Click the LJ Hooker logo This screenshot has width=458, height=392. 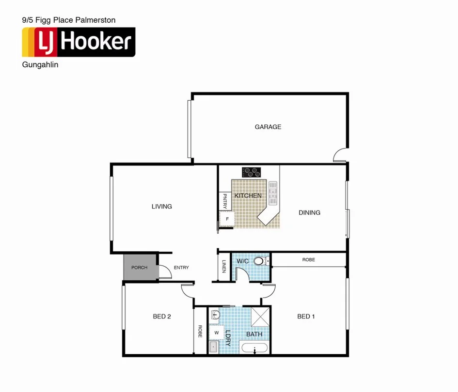pyautogui.click(x=79, y=42)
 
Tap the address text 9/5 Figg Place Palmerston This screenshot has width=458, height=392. pyautogui.click(x=69, y=20)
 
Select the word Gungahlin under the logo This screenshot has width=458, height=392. pyautogui.click(x=40, y=64)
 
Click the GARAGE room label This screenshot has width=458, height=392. pyautogui.click(x=268, y=127)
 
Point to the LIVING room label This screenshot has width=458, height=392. pyautogui.click(x=161, y=207)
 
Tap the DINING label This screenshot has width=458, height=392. pyautogui.click(x=309, y=212)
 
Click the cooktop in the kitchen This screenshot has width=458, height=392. pyautogui.click(x=252, y=172)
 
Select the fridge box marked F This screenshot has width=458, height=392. pyautogui.click(x=226, y=219)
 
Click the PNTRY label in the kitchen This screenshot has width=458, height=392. pyautogui.click(x=224, y=201)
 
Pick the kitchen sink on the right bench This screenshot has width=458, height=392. pyautogui.click(x=273, y=193)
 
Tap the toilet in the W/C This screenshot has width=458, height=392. pyautogui.click(x=260, y=261)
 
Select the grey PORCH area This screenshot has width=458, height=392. pyautogui.click(x=140, y=267)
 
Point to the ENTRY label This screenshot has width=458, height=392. pyautogui.click(x=181, y=268)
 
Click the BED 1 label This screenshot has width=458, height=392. pyautogui.click(x=306, y=317)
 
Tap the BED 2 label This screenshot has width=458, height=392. pyautogui.click(x=162, y=317)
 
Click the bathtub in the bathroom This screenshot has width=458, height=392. pyautogui.click(x=254, y=348)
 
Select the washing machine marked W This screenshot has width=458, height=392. pyautogui.click(x=216, y=332)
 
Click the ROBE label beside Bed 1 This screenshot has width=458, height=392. pyautogui.click(x=308, y=260)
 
